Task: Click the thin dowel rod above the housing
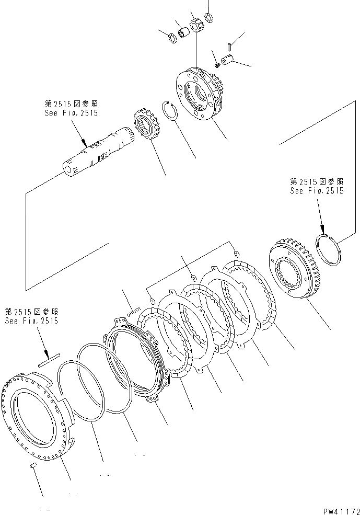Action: click(x=48, y=359)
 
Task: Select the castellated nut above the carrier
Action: click(x=196, y=26)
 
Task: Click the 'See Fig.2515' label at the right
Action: click(x=317, y=191)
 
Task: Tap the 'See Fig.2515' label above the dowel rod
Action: click(x=31, y=321)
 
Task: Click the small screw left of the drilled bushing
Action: click(x=217, y=64)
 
